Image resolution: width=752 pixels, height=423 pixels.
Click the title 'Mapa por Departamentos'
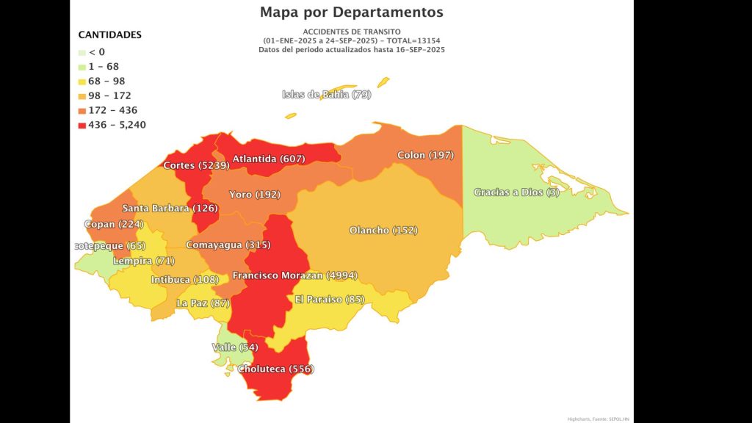coord(351,12)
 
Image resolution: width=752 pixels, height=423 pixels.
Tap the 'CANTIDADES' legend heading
coord(110,35)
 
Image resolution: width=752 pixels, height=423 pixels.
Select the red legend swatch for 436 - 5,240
coord(82,125)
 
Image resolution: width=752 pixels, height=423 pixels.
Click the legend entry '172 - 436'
coord(112,110)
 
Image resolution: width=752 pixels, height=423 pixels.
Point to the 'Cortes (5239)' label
coord(196,165)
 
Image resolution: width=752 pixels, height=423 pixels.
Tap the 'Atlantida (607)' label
coord(269,159)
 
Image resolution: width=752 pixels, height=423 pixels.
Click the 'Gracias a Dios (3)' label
coord(516,192)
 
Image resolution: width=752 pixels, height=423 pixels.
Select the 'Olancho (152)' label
coord(383,230)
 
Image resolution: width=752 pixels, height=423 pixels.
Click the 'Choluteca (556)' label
coord(275,369)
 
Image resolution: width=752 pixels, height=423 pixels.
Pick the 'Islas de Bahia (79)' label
coord(327,94)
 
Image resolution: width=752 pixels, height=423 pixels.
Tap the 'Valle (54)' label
coord(234,347)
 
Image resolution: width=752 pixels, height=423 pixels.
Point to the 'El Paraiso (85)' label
coord(329,299)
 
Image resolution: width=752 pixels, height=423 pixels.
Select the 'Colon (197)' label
coord(425,155)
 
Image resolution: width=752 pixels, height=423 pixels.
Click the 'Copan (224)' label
coord(114,224)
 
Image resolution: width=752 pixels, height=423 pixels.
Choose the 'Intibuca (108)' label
coord(180,280)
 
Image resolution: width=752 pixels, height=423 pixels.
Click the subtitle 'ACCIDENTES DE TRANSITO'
coord(352,32)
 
